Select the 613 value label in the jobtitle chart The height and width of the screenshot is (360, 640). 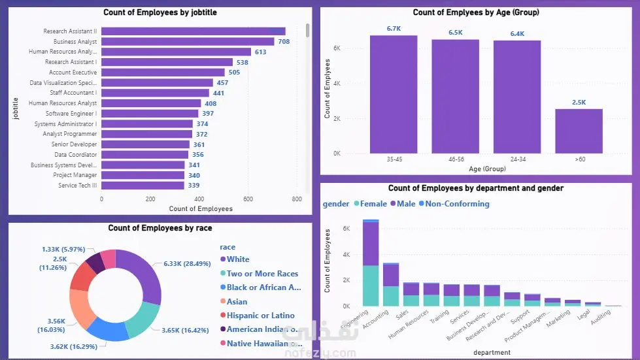click(260, 52)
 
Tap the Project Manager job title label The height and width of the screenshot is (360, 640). click(75, 175)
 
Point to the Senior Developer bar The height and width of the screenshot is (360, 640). click(145, 144)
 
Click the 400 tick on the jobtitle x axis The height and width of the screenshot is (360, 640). click(199, 199)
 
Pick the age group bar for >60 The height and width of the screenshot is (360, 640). click(579, 131)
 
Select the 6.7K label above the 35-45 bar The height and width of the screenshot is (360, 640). click(393, 29)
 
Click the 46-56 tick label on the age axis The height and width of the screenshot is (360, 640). click(455, 159)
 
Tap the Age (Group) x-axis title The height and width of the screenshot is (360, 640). click(486, 169)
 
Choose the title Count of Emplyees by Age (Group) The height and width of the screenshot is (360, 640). click(476, 12)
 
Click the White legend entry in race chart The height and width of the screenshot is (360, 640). click(238, 259)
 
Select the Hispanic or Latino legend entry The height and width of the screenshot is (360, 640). click(260, 316)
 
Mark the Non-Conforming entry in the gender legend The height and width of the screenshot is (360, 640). click(457, 204)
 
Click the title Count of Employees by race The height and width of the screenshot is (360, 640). click(160, 228)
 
